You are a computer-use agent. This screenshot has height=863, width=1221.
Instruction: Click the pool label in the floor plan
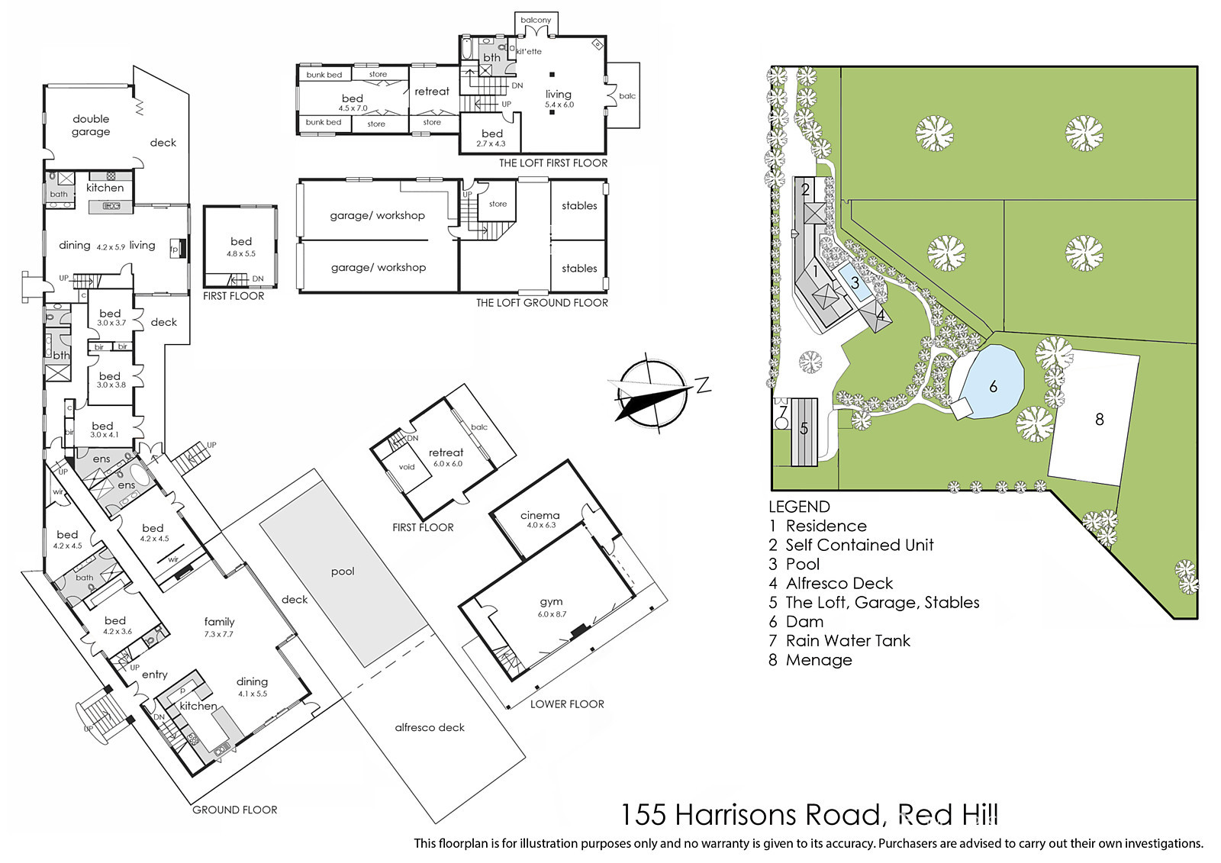click(x=343, y=572)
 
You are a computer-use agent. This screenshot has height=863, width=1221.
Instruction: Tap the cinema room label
click(x=540, y=515)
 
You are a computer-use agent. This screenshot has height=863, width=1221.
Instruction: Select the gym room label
click(x=551, y=602)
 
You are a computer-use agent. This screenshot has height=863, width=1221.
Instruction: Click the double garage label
click(x=91, y=125)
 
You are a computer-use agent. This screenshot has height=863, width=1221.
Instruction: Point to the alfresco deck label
click(x=430, y=727)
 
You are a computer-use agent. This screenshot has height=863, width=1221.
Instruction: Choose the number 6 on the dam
click(x=993, y=387)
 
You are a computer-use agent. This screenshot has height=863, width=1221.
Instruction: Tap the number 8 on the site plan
click(x=1100, y=419)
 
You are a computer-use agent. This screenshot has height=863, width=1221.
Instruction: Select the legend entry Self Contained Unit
click(x=851, y=545)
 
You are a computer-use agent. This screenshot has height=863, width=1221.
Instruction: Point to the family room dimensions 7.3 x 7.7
click(x=219, y=634)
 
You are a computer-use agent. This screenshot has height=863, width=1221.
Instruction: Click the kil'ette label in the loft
click(x=529, y=51)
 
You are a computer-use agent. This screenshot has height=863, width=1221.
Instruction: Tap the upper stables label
click(x=579, y=205)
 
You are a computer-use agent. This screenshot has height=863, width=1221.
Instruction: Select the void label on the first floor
click(x=407, y=467)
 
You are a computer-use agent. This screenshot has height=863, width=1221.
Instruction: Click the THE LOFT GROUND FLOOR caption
click(x=542, y=303)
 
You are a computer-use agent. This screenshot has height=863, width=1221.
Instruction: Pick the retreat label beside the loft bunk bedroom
click(x=432, y=92)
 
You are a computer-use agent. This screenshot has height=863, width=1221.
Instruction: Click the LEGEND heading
click(x=799, y=507)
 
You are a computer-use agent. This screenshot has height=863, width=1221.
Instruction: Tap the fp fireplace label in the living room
click(x=176, y=250)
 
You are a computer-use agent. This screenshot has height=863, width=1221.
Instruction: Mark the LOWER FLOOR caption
click(x=567, y=704)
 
